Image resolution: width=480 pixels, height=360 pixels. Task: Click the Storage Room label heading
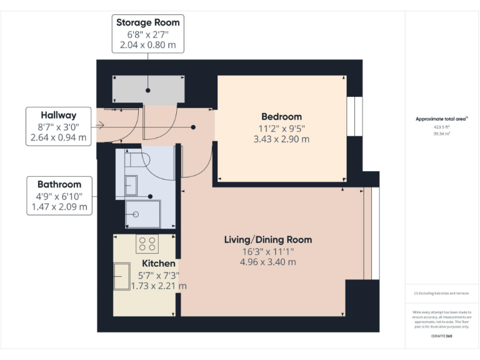point(147,22)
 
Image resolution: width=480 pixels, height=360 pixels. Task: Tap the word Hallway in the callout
point(59,115)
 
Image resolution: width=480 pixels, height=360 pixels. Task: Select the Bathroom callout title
point(59,184)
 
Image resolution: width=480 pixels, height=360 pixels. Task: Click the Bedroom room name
point(281,117)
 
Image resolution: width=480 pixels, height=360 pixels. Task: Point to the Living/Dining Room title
point(268,239)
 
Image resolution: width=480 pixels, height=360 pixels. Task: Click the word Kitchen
point(158,263)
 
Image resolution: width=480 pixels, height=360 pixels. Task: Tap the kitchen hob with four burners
point(147,244)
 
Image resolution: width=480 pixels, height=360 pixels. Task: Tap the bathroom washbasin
point(131,185)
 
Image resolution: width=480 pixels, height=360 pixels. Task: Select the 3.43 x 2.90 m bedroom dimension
point(281,139)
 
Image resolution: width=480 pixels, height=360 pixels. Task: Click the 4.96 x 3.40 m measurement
point(268,262)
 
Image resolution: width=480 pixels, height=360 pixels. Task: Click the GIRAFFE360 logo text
point(441,337)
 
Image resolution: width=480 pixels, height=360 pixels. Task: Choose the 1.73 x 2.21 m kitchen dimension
point(158,286)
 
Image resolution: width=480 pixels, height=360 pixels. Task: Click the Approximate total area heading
point(441,119)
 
